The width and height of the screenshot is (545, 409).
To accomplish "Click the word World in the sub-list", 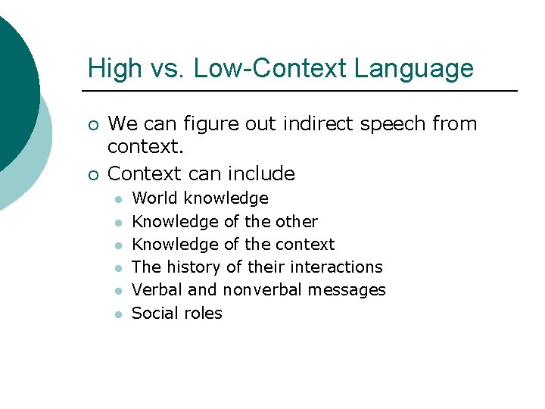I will (154, 198).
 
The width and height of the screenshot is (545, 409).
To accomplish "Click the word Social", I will (154, 313).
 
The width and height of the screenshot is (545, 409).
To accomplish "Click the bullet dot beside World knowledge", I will (118, 199).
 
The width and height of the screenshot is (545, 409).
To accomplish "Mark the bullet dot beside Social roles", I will (118, 314).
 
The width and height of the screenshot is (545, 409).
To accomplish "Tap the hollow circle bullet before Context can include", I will (92, 174).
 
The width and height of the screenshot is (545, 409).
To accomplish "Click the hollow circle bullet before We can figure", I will (92, 124).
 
